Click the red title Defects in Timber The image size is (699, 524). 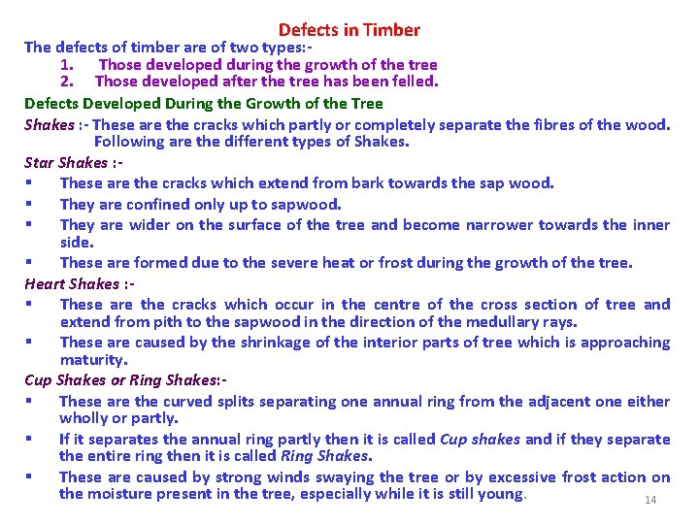click(x=349, y=30)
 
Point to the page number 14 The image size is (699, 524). click(x=650, y=500)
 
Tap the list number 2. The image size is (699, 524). click(x=66, y=82)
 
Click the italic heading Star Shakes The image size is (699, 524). click(x=66, y=162)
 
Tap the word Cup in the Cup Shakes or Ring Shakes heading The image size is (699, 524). click(x=39, y=379)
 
